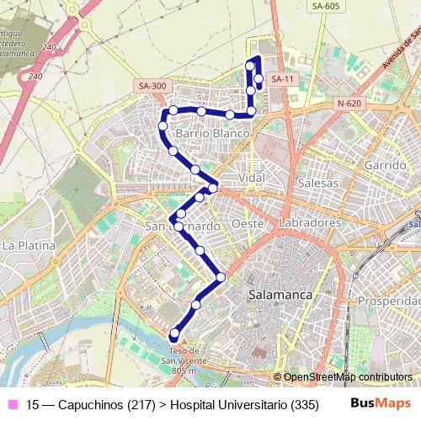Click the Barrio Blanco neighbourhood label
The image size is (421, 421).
[x=212, y=133]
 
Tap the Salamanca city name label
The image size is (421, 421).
[x=280, y=296]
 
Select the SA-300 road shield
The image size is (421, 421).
[x=152, y=86]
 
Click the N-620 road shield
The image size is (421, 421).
[x=348, y=104]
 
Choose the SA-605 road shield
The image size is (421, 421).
[x=325, y=7]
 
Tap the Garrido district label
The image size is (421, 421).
[x=386, y=165]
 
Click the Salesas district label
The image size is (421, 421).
[x=318, y=183]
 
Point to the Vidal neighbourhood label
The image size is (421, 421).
[x=252, y=179]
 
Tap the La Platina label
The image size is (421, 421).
[x=28, y=246]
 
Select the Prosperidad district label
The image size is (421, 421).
[x=389, y=301]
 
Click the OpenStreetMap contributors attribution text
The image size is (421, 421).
[x=347, y=377]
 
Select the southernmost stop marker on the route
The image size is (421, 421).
[x=175, y=333]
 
